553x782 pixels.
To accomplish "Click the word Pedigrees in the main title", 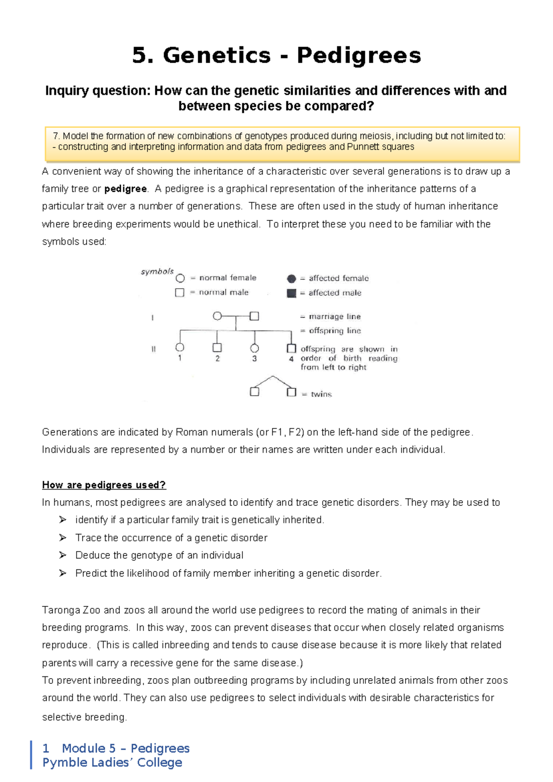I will click(x=359, y=56).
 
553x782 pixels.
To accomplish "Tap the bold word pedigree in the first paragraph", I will click(x=125, y=189).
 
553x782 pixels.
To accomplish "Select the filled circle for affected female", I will click(x=291, y=278).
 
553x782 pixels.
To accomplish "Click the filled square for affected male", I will click(x=291, y=293).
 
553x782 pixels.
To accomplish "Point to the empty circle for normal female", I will click(x=180, y=278).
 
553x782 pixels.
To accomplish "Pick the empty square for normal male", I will click(x=180, y=292).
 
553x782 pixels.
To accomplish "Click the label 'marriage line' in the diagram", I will click(x=335, y=317).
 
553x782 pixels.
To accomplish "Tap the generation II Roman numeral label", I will click(x=153, y=350).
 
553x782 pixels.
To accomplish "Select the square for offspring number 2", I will click(x=217, y=348).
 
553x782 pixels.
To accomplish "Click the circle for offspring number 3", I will click(x=254, y=348).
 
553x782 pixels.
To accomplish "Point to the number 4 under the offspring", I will click(x=291, y=359).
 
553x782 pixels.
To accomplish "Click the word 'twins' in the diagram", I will click(x=321, y=394).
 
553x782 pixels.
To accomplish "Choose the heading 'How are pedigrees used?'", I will click(x=104, y=485).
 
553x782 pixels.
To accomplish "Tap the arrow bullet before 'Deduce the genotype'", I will click(x=63, y=555).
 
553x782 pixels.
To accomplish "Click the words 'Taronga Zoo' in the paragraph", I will click(x=71, y=610).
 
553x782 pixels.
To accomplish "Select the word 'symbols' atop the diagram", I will click(x=157, y=272).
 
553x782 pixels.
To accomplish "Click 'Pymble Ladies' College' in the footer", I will click(x=112, y=763).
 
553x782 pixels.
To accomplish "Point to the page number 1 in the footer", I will click(x=46, y=748).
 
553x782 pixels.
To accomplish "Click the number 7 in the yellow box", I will click(x=56, y=136).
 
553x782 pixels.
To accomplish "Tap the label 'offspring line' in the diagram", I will click(x=335, y=331).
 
